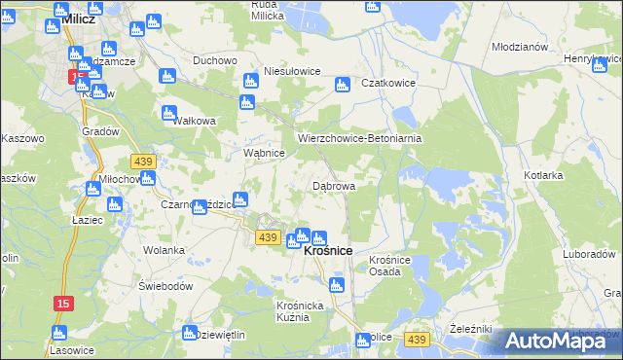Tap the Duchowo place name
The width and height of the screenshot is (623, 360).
click(215, 60)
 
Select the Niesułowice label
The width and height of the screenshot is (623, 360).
click(293, 71)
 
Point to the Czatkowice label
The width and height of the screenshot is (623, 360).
click(388, 84)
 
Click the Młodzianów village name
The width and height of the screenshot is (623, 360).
click(520, 48)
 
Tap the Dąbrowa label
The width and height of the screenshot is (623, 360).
click(333, 185)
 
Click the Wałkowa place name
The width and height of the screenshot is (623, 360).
click(194, 122)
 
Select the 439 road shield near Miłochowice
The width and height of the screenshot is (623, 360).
click(143, 160)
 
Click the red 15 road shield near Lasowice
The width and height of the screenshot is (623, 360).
click(62, 305)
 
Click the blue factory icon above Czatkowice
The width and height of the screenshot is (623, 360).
click(342, 85)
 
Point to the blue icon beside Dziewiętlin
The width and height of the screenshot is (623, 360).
click(189, 333)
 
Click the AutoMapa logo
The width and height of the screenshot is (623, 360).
click(558, 341)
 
